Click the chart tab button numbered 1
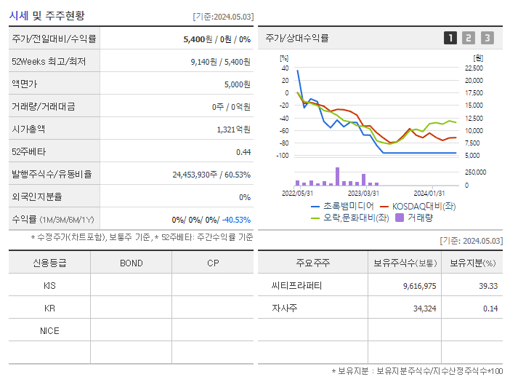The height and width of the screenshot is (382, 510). click(x=450, y=38)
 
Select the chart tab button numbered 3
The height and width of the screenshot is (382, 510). click(x=487, y=38)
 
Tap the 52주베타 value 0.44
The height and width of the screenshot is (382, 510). click(x=243, y=151)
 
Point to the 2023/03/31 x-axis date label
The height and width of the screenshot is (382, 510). click(x=363, y=193)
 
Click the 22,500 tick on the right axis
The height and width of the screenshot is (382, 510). click(x=473, y=68)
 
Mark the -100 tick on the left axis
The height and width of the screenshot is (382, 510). click(x=283, y=156)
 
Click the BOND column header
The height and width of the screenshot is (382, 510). click(x=131, y=263)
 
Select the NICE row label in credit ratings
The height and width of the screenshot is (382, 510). click(x=49, y=331)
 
